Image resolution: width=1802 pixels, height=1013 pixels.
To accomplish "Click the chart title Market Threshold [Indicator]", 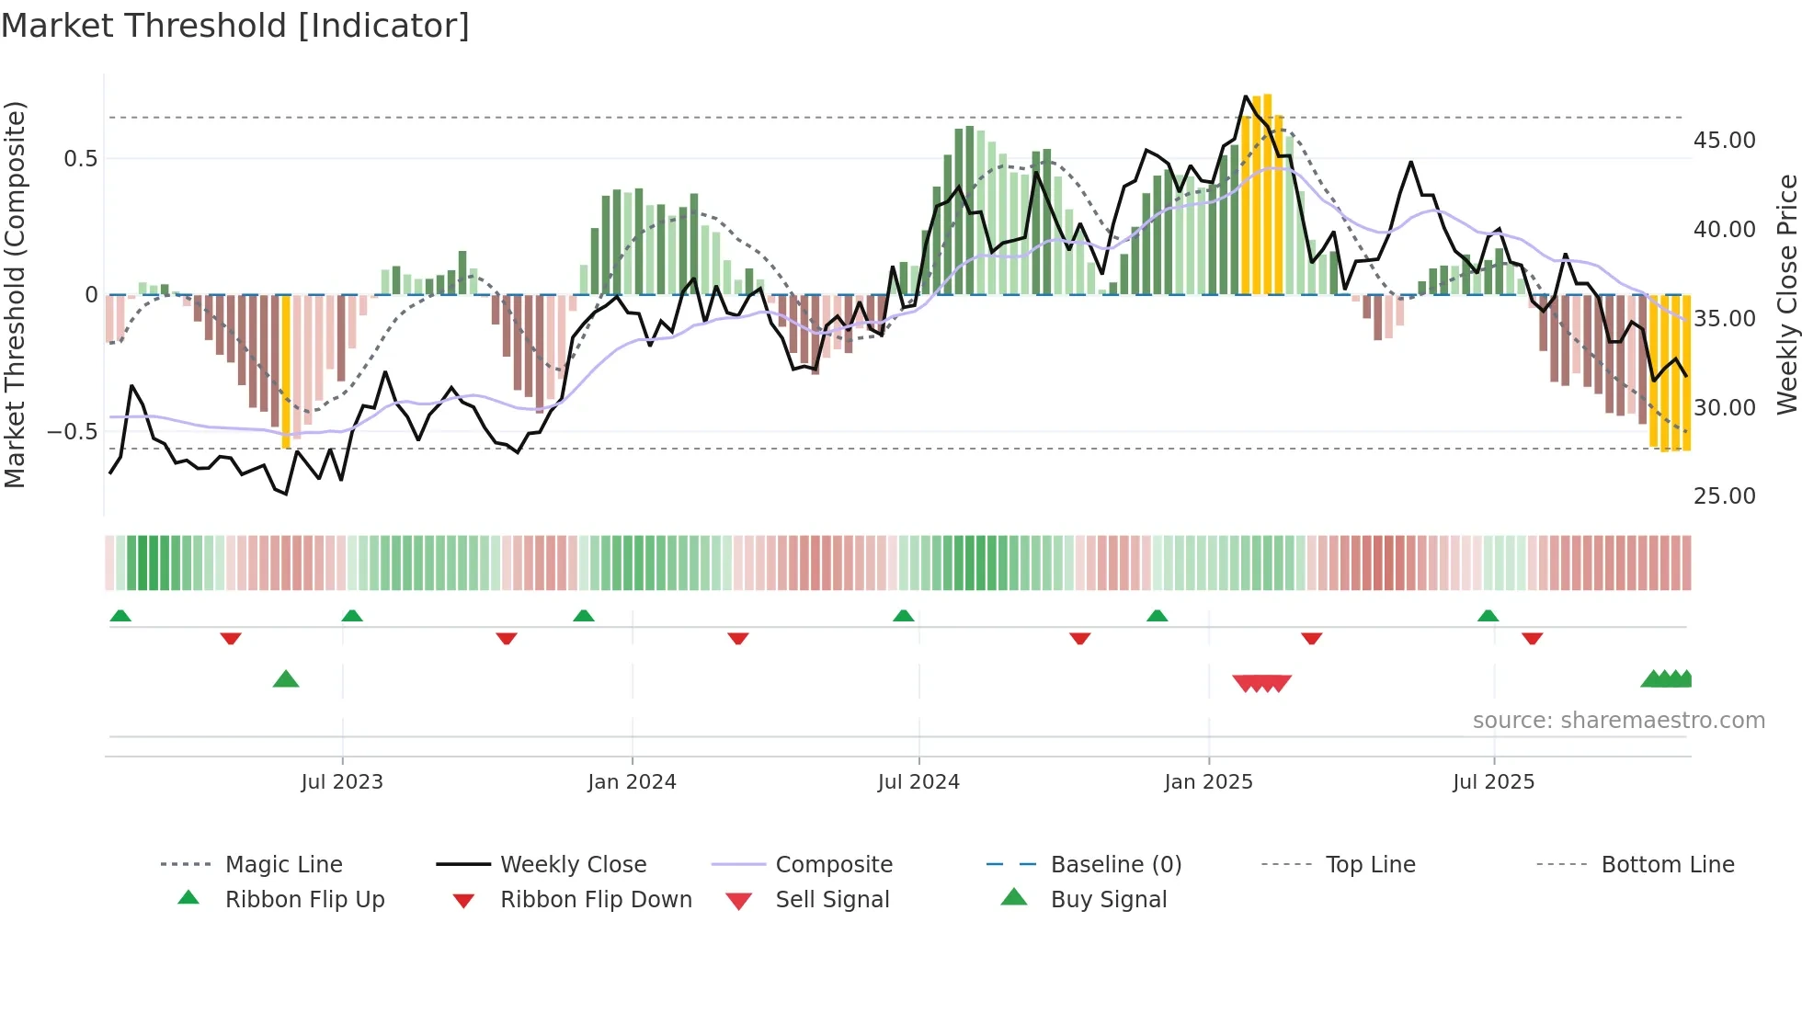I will (x=235, y=26).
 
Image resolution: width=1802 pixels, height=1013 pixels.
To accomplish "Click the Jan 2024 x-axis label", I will (x=632, y=781).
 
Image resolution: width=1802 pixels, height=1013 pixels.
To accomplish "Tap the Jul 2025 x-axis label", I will (x=1493, y=781).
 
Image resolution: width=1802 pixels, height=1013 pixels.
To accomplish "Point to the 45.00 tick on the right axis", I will (x=1724, y=141).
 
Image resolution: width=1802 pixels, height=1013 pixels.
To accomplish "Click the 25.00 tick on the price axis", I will (x=1724, y=496).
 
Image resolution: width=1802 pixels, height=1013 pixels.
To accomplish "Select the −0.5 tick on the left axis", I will (x=72, y=431).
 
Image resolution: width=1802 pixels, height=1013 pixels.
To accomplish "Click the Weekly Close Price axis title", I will (x=1786, y=294).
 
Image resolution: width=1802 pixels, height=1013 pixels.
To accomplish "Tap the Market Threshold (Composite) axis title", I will (x=15, y=294).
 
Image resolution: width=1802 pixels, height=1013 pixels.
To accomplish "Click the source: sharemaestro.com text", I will (x=1618, y=720).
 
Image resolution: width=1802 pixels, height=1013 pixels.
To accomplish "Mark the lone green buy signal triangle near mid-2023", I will (x=286, y=679).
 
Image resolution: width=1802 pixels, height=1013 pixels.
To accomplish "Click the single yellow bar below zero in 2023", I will (x=286, y=371).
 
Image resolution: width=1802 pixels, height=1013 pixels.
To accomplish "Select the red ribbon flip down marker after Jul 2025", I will (x=1532, y=638).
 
